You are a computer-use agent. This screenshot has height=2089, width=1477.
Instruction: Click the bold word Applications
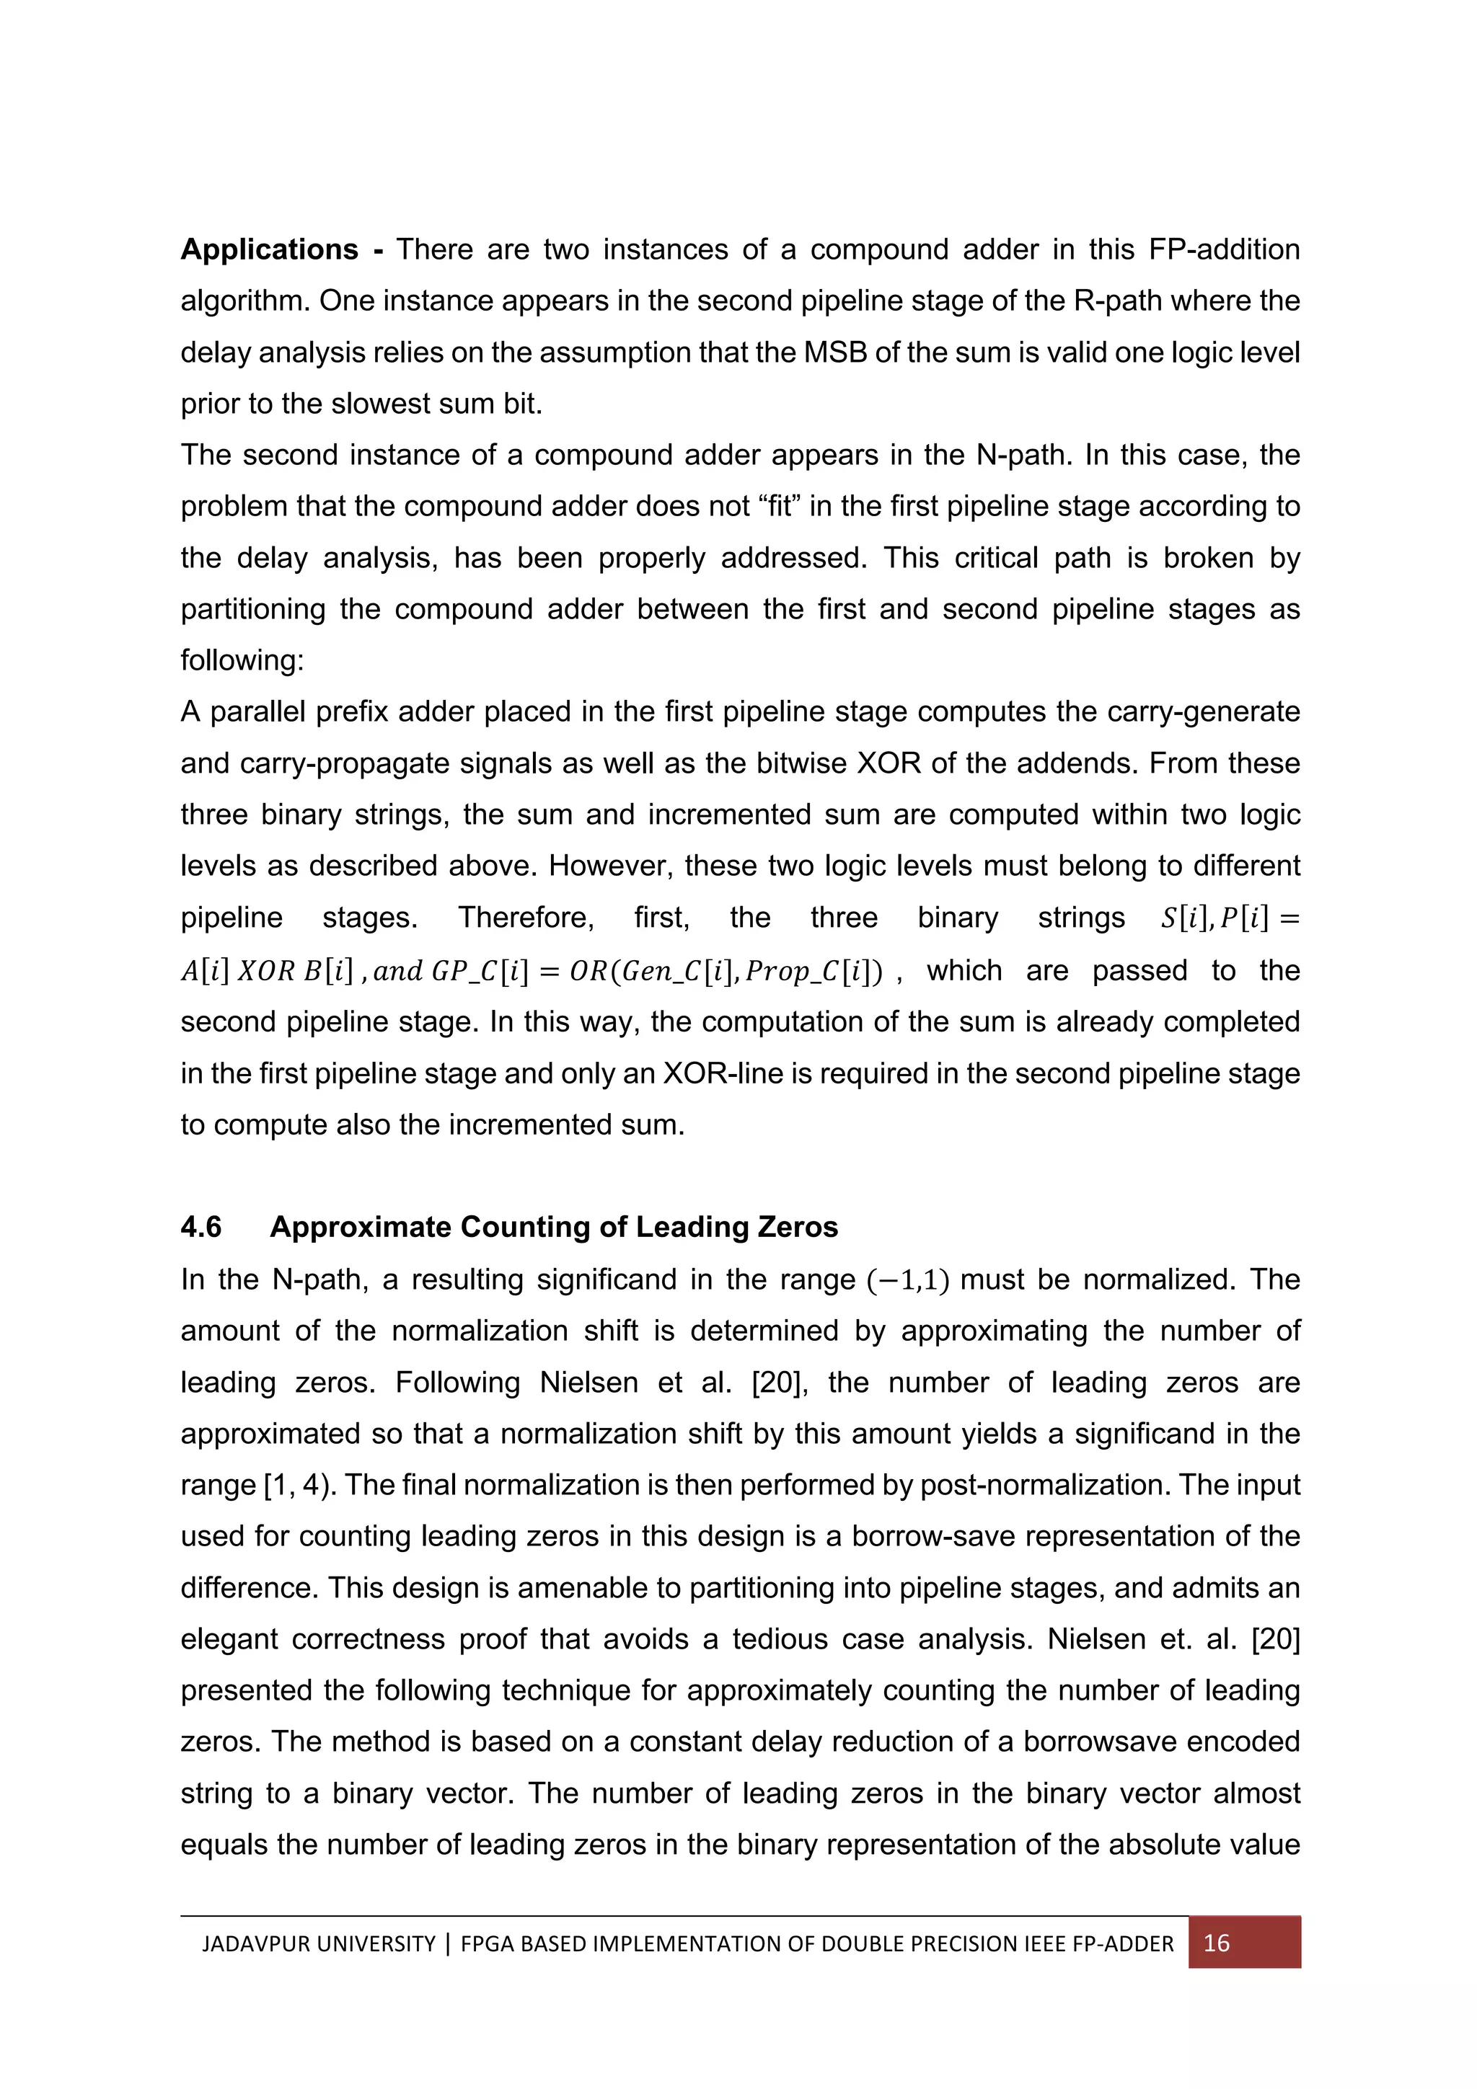pyautogui.click(x=270, y=249)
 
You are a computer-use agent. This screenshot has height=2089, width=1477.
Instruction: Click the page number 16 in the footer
pyautogui.click(x=1216, y=1943)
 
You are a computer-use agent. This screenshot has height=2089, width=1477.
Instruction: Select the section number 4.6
pyautogui.click(x=201, y=1228)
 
